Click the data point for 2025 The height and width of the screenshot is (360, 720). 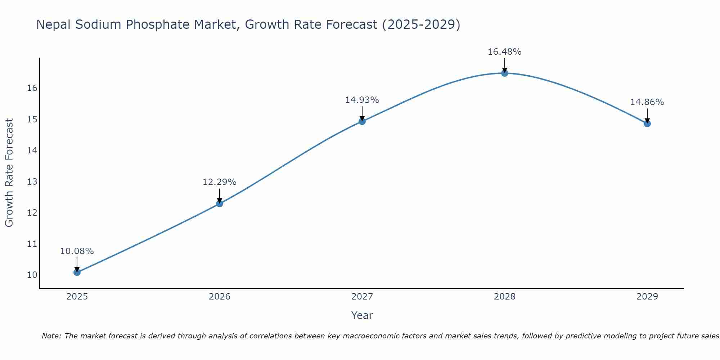click(77, 273)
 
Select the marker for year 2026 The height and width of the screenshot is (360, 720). click(220, 203)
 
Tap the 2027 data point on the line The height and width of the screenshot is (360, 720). click(362, 121)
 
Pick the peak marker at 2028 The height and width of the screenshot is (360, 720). click(505, 73)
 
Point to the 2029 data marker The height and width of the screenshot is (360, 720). click(647, 123)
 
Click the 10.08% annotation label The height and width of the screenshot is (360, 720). click(77, 251)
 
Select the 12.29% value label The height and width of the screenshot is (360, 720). click(219, 182)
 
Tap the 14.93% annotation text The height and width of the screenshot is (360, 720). click(362, 100)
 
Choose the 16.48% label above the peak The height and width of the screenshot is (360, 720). click(504, 52)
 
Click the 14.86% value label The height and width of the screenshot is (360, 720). click(647, 102)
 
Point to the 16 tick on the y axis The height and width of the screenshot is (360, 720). click(32, 88)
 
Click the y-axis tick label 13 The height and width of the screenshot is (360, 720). click(32, 181)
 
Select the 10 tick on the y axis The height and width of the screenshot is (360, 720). click(32, 275)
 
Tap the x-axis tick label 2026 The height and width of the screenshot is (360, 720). click(220, 297)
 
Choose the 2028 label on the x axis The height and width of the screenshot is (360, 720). click(505, 297)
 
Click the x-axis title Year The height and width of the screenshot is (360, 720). click(362, 315)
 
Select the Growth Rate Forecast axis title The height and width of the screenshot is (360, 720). click(9, 173)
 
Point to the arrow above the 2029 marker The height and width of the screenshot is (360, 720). click(647, 115)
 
